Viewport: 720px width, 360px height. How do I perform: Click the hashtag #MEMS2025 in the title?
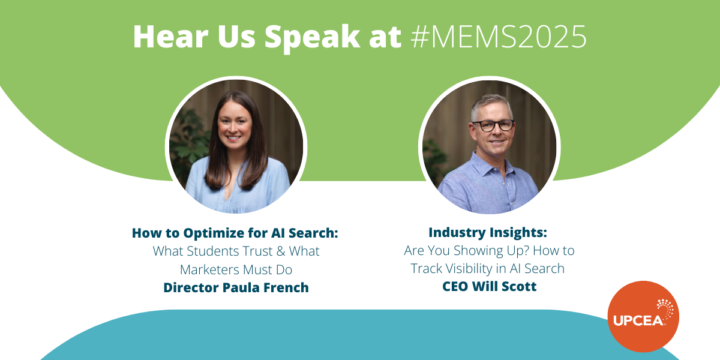click(x=499, y=37)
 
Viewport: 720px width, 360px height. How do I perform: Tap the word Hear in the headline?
click(x=171, y=37)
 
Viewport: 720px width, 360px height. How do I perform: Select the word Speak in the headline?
click(x=313, y=38)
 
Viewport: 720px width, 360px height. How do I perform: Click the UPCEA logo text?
click(x=638, y=321)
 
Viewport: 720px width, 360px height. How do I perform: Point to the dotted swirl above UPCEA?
click(x=665, y=308)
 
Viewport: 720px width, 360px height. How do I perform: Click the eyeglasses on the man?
click(x=493, y=125)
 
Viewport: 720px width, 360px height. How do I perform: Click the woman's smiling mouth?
click(x=233, y=138)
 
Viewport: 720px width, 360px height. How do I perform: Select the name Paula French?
click(x=265, y=287)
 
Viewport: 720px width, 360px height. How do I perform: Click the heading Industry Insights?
click(x=488, y=232)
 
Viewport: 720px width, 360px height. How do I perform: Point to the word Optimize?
click(x=214, y=233)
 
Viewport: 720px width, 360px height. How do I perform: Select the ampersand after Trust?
click(x=281, y=251)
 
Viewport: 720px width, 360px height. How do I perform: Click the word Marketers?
click(x=209, y=269)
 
